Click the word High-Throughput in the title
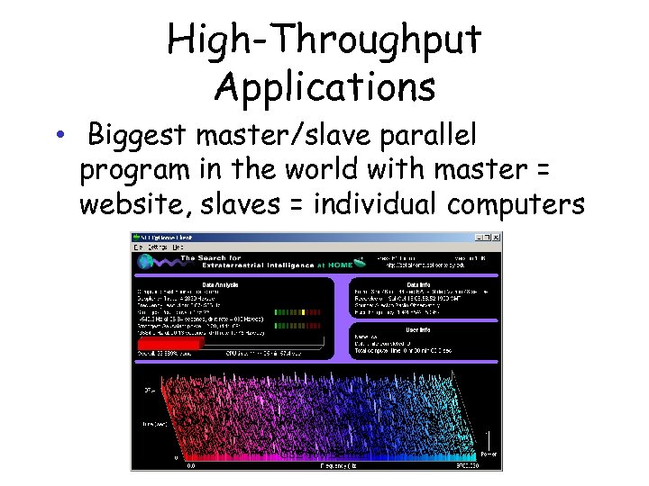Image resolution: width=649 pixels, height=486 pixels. (x=324, y=40)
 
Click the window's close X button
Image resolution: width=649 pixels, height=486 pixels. (x=497, y=237)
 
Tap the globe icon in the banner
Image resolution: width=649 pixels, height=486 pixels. (x=147, y=264)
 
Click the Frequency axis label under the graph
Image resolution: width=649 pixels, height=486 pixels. (x=334, y=465)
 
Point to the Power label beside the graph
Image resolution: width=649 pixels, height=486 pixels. (x=488, y=454)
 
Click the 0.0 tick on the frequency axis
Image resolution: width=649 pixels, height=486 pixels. (x=191, y=465)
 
